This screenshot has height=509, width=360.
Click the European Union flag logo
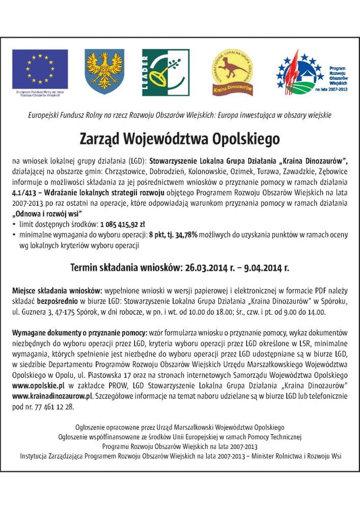40,69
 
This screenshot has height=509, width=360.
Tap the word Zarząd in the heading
99,139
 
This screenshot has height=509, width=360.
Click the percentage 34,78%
185,235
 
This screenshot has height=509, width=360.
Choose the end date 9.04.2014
260,268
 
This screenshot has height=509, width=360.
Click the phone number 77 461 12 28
54,406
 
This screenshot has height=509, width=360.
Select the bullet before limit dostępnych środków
15,224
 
